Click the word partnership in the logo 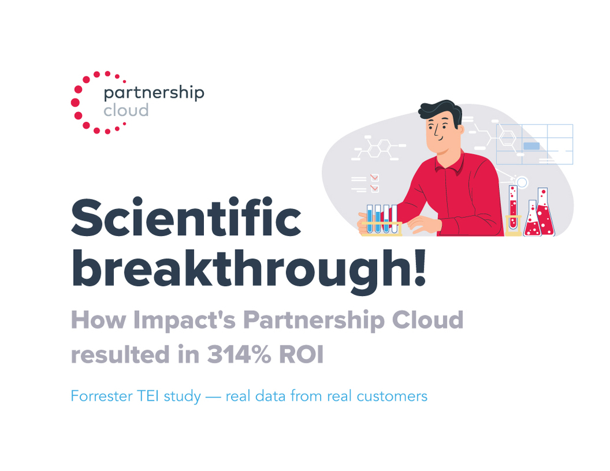(x=153, y=93)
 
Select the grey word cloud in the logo (x=126, y=111)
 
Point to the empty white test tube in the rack (x=394, y=218)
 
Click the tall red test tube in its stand (x=513, y=207)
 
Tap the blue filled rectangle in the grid (x=532, y=145)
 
